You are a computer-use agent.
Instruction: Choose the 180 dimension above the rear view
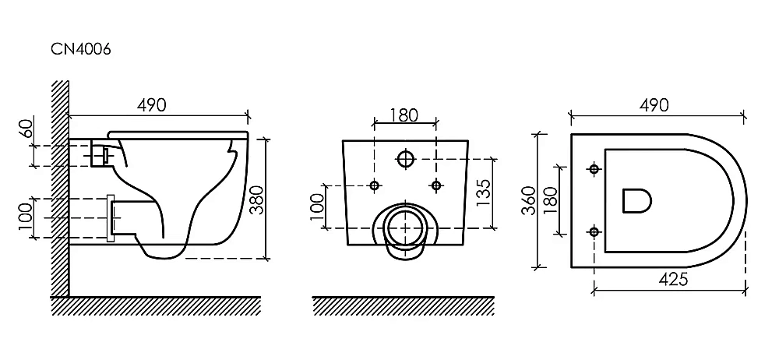click(x=404, y=115)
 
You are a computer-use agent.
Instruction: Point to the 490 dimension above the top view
click(x=653, y=106)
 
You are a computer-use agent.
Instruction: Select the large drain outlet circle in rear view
click(x=404, y=227)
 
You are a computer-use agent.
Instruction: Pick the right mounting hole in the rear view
click(x=435, y=185)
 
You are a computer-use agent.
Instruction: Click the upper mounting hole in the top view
click(x=595, y=168)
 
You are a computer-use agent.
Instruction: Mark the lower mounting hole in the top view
click(x=595, y=231)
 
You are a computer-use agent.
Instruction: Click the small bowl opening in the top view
click(x=637, y=200)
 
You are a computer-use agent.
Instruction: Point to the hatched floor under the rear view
click(x=403, y=305)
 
